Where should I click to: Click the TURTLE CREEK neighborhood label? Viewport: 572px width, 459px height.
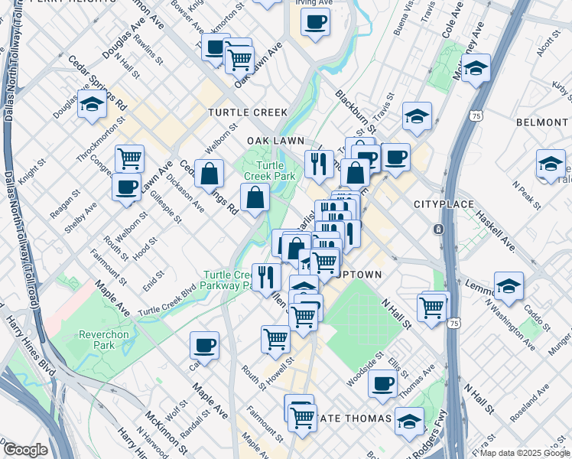point(247,112)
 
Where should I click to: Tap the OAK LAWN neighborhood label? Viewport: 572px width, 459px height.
point(275,141)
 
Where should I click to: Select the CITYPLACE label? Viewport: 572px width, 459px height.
point(444,205)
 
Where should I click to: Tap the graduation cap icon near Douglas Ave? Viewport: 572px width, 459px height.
point(92,104)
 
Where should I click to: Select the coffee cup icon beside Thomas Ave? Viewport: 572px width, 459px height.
point(382,383)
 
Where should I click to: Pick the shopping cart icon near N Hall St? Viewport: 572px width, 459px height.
point(432,307)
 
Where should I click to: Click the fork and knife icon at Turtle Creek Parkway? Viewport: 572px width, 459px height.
point(265,275)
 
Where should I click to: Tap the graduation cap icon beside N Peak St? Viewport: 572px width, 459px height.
point(550,164)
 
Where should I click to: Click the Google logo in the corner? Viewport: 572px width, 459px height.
point(25,450)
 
